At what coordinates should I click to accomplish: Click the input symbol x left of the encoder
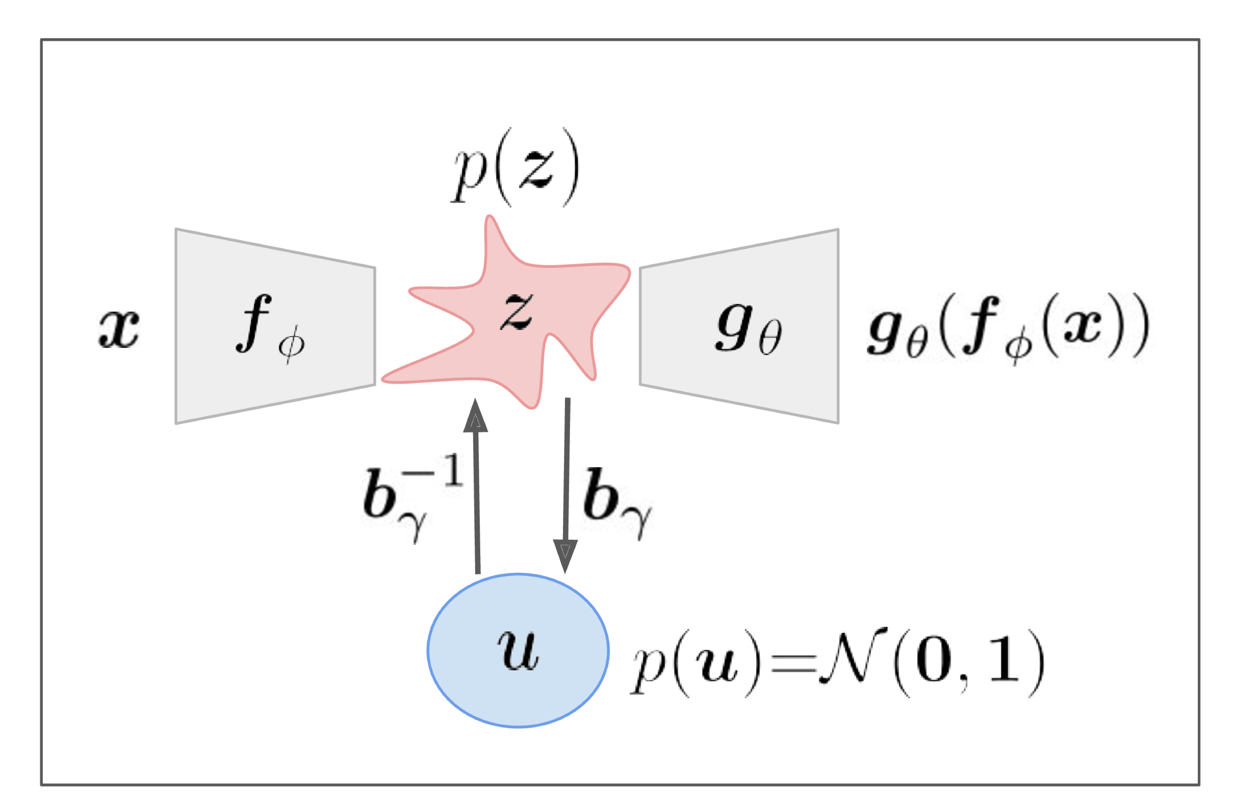tap(119, 328)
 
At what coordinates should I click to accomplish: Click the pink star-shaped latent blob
tap(554, 293)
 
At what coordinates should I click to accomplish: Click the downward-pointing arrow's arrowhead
tap(565, 555)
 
